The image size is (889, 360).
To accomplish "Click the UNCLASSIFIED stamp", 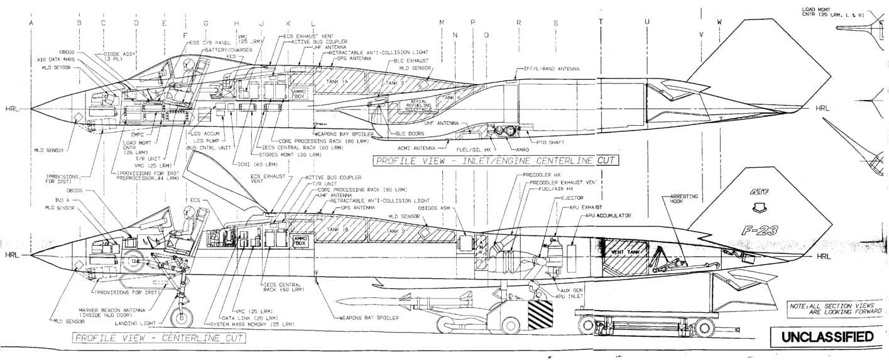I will [827, 337].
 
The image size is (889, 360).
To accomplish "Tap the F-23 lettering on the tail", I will [758, 231].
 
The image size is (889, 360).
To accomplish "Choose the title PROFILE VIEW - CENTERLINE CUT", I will [160, 338].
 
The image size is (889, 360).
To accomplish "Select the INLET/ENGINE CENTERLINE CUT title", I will [496, 161].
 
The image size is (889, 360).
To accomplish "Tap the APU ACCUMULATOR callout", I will [608, 215].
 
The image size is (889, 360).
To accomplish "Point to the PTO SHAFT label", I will [547, 142].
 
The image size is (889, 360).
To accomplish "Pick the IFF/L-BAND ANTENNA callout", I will [551, 68].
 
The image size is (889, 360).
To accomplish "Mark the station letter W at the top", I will [719, 23].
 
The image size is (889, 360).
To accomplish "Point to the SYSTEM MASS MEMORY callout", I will [251, 324].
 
